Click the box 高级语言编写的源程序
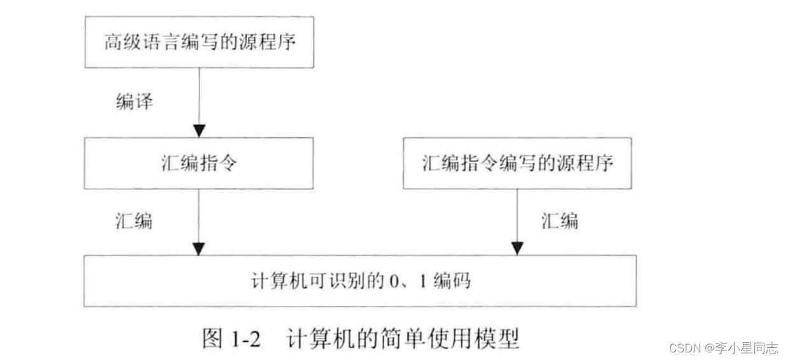click(x=199, y=42)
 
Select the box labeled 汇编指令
click(x=199, y=163)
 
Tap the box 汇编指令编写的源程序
click(x=518, y=163)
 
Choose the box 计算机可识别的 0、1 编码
click(x=361, y=280)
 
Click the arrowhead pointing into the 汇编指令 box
click(x=199, y=131)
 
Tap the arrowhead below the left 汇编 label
click(x=199, y=249)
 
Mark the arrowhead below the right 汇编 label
click(x=518, y=249)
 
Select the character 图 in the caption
click(x=213, y=338)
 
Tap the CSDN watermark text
click(x=684, y=348)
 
